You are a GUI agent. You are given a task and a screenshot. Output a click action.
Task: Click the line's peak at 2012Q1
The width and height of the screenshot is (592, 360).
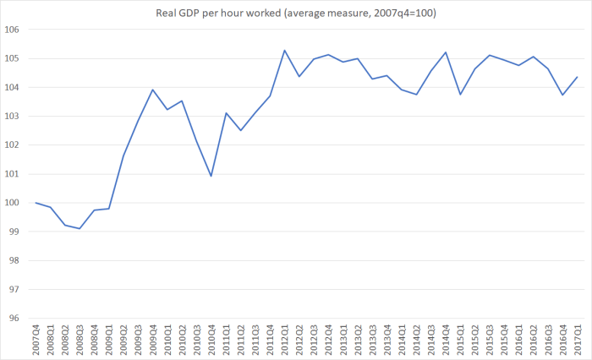(284, 51)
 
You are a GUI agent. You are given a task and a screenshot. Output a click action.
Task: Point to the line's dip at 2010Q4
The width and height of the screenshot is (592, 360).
(211, 176)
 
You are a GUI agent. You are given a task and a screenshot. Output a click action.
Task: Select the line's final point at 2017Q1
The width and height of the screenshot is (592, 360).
(577, 77)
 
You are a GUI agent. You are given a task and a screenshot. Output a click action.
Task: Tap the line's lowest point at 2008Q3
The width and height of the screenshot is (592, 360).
(79, 228)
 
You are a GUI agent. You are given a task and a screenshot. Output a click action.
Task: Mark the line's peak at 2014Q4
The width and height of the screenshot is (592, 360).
(445, 52)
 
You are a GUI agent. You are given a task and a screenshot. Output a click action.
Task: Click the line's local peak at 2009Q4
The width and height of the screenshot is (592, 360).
(152, 90)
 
